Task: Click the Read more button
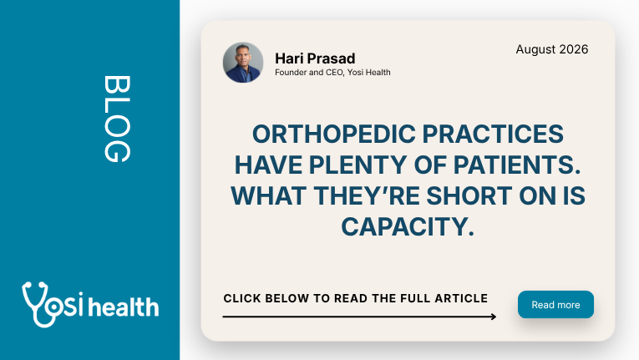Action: click(x=555, y=305)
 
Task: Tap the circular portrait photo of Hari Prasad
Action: click(x=243, y=63)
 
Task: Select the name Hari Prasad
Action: click(x=315, y=58)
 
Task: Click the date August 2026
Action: click(x=552, y=49)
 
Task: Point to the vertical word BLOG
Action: click(x=118, y=119)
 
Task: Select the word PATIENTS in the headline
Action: click(x=517, y=165)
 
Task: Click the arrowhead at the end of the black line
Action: click(x=494, y=317)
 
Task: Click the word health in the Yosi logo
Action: click(x=124, y=307)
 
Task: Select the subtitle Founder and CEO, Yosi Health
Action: click(x=332, y=72)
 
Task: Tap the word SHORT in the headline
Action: click(x=469, y=195)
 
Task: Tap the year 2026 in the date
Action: click(x=574, y=49)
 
